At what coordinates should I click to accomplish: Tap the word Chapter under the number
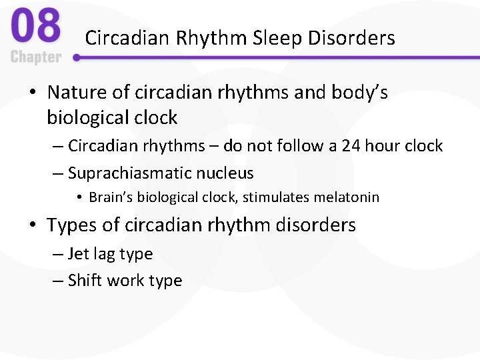pyautogui.click(x=36, y=57)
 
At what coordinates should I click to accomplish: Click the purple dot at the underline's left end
pyautogui.click(x=77, y=57)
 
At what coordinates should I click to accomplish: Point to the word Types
pyautogui.click(x=72, y=225)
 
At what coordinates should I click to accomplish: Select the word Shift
pyautogui.click(x=84, y=281)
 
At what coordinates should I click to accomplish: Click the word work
pyautogui.click(x=126, y=281)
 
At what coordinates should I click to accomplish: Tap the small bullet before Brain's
pyautogui.click(x=79, y=198)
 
